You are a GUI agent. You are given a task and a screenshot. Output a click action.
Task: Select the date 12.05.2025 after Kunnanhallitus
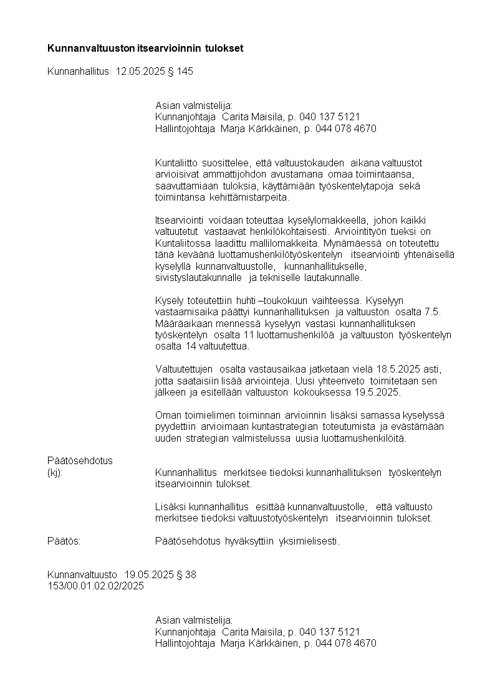point(140,72)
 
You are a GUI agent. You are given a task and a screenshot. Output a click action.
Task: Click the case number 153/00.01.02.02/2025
point(95,586)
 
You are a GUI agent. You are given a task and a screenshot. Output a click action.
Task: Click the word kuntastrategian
point(286,427)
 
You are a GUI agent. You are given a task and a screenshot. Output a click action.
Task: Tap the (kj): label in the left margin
point(55,472)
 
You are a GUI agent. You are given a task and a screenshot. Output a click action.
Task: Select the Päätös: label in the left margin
point(64,541)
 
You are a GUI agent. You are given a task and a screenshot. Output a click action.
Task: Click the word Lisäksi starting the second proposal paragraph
point(169,506)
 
